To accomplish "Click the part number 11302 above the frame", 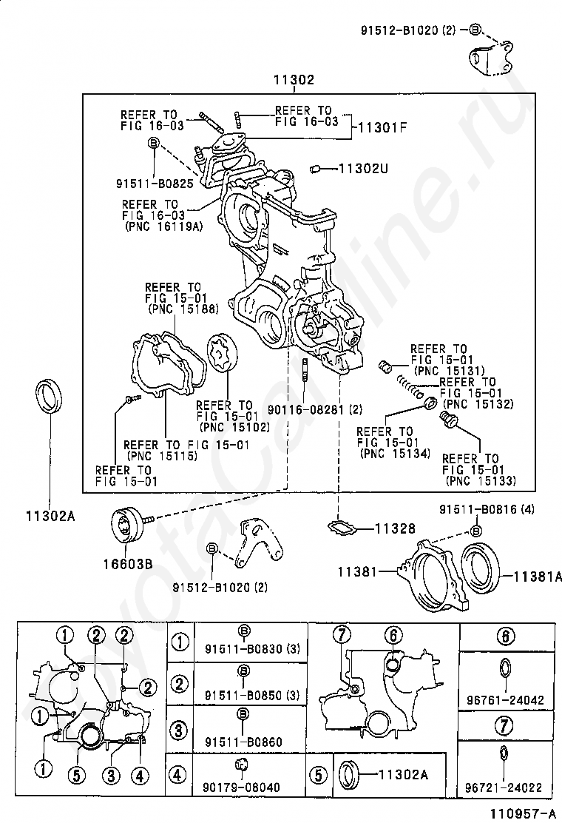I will coord(293,80).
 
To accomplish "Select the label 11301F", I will coord(382,127).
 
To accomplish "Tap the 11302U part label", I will coord(364,168).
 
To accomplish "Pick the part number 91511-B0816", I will coord(479,510).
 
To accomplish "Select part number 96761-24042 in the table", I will coord(506,699).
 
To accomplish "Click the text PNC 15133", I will coord(481,480).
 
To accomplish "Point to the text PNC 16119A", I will coord(162,228).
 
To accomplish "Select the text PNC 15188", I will coord(183,309).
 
